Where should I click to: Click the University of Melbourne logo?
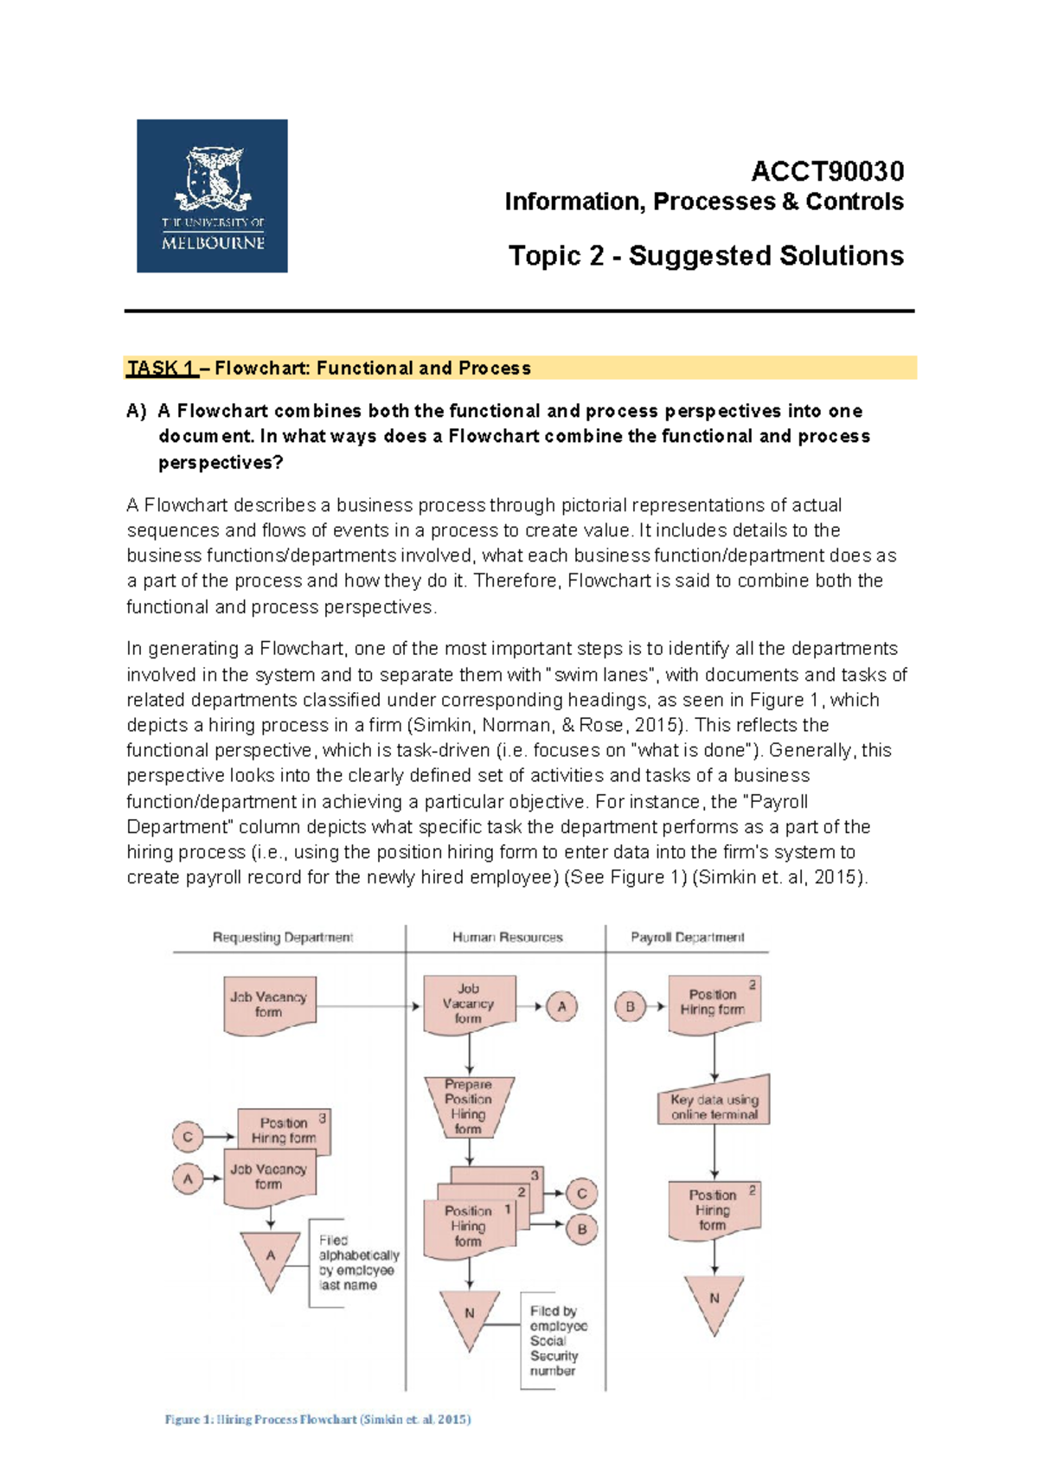pos(212,196)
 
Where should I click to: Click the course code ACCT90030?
pos(827,171)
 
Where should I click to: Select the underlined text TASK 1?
pos(161,368)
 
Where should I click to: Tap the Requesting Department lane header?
pos(283,937)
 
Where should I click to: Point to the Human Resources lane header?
pos(507,937)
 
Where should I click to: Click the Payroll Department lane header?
pos(687,937)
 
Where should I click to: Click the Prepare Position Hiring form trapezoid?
pos(469,1106)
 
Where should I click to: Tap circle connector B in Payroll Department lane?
pos(630,1006)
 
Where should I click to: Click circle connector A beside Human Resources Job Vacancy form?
pos(561,1006)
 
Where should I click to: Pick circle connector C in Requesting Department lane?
pos(188,1136)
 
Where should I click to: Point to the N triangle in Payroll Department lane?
pos(714,1300)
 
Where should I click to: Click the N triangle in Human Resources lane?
pos(469,1315)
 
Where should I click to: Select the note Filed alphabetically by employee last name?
pos(357,1262)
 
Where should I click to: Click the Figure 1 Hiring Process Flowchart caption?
pos(317,1419)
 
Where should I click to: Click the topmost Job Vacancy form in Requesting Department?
pos(269,1004)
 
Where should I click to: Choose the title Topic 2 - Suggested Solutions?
pos(706,256)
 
